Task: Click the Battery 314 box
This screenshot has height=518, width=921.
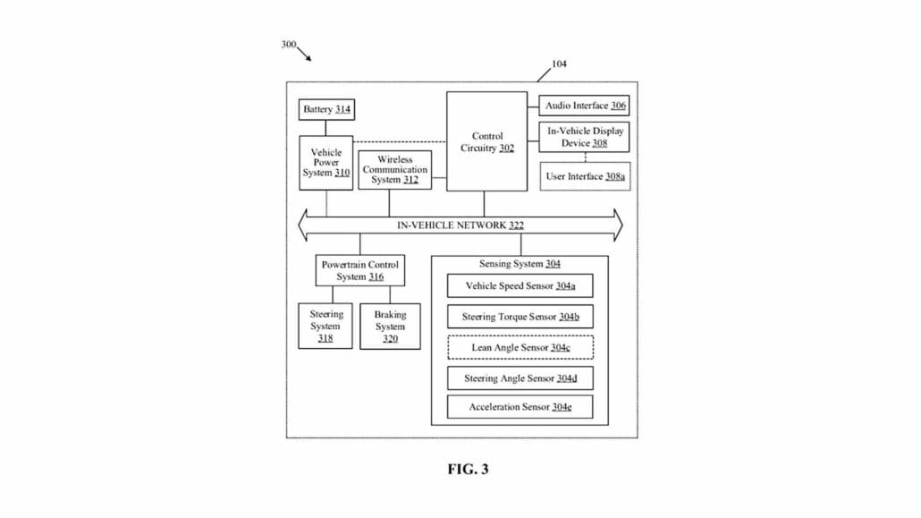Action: tap(325, 110)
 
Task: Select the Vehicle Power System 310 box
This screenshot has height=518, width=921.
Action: tap(325, 163)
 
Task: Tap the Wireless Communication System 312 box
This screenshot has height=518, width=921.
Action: tap(394, 170)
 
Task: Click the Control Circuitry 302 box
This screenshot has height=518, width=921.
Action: tap(487, 141)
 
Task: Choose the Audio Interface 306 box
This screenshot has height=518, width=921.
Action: tap(585, 106)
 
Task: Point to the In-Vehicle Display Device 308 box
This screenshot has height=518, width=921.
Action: tap(585, 137)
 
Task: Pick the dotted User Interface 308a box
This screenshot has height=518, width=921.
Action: tap(585, 176)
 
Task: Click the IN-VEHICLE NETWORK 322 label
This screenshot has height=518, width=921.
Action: tap(460, 225)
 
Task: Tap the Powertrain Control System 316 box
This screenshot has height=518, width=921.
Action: tap(359, 270)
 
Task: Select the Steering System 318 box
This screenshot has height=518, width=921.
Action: tap(325, 327)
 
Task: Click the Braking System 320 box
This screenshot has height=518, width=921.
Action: tap(390, 327)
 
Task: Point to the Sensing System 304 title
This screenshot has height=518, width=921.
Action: tap(520, 264)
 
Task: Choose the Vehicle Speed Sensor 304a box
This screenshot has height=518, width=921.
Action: tap(520, 286)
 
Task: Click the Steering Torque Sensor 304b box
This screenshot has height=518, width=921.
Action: tap(520, 317)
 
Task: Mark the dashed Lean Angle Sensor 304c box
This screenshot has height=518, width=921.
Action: tap(520, 347)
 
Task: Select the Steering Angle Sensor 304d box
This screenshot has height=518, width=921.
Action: tap(520, 378)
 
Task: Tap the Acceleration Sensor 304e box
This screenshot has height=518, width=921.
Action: tap(520, 408)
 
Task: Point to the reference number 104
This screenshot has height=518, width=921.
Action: tap(559, 64)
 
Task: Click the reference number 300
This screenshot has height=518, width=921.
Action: tap(289, 44)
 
